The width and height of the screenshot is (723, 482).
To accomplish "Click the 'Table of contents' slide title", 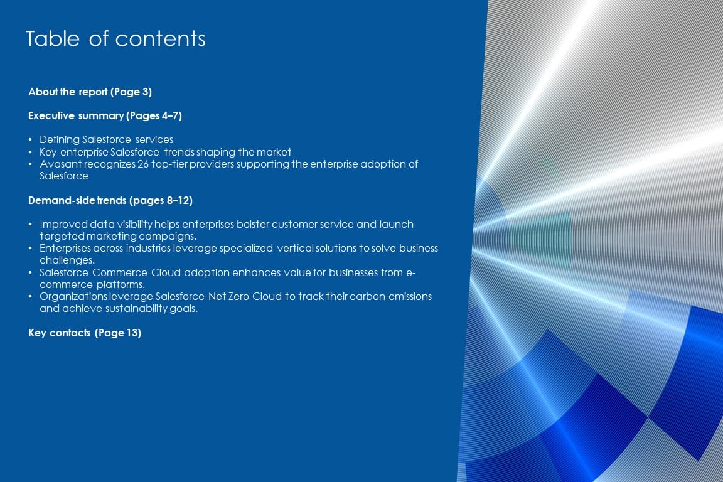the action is pos(115,39).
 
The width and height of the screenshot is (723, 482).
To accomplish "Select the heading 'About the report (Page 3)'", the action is pos(90,92).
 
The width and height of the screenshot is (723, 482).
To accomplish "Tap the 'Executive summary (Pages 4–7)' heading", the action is pos(105,115).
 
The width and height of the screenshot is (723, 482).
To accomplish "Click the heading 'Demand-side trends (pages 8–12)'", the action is pos(110,201).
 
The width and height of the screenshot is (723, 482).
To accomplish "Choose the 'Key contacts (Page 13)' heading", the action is pos(85,333).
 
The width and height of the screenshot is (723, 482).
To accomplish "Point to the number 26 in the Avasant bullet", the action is pos(143,164).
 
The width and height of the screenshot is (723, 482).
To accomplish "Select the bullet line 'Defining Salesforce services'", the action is pos(107,140).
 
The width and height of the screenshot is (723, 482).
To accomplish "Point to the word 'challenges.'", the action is pos(67,260).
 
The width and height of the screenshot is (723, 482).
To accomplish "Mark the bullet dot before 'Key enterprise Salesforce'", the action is pos(30,153).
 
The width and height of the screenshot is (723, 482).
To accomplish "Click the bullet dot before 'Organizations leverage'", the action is pos(30,297).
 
